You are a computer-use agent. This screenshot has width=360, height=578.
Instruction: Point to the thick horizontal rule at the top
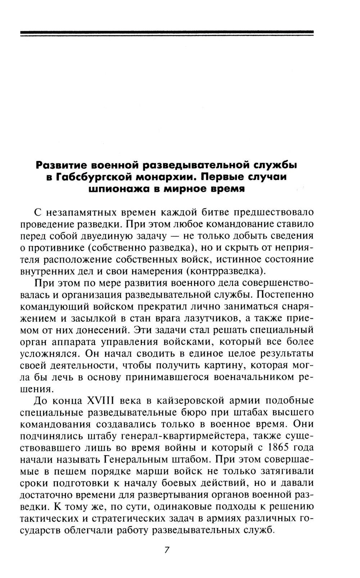click(x=167, y=33)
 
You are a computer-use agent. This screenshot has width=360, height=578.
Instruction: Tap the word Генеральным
click(x=136, y=460)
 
